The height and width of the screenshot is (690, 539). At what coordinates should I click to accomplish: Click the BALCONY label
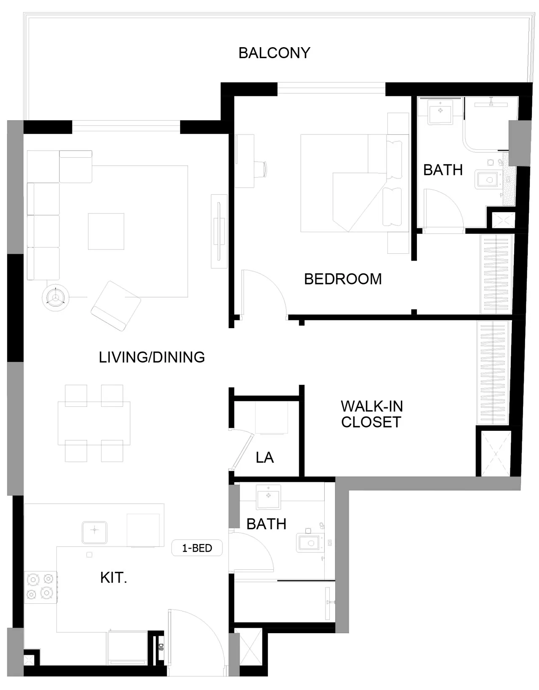[274, 53]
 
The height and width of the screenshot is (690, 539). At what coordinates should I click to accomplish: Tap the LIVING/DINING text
[152, 357]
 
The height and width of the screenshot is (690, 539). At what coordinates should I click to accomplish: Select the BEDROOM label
[343, 279]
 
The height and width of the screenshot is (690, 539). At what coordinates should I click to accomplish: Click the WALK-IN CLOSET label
[371, 414]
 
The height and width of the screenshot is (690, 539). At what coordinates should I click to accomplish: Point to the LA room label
[265, 458]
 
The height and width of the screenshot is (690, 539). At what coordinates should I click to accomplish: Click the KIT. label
[113, 578]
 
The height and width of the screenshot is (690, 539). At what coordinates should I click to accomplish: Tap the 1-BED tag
[197, 548]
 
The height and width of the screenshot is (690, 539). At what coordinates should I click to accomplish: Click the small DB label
[160, 647]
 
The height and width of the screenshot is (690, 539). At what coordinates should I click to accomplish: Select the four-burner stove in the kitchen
[40, 587]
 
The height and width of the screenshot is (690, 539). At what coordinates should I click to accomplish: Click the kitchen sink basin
[94, 533]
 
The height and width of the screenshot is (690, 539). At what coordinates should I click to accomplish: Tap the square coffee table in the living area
[106, 231]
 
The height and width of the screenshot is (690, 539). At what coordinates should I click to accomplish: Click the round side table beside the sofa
[56, 297]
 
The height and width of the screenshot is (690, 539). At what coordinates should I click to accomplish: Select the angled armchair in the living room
[116, 306]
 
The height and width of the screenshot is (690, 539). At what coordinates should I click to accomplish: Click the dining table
[94, 423]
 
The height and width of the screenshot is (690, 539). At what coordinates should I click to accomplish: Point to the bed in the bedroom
[355, 183]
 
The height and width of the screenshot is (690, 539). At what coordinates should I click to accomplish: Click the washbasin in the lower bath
[268, 496]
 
